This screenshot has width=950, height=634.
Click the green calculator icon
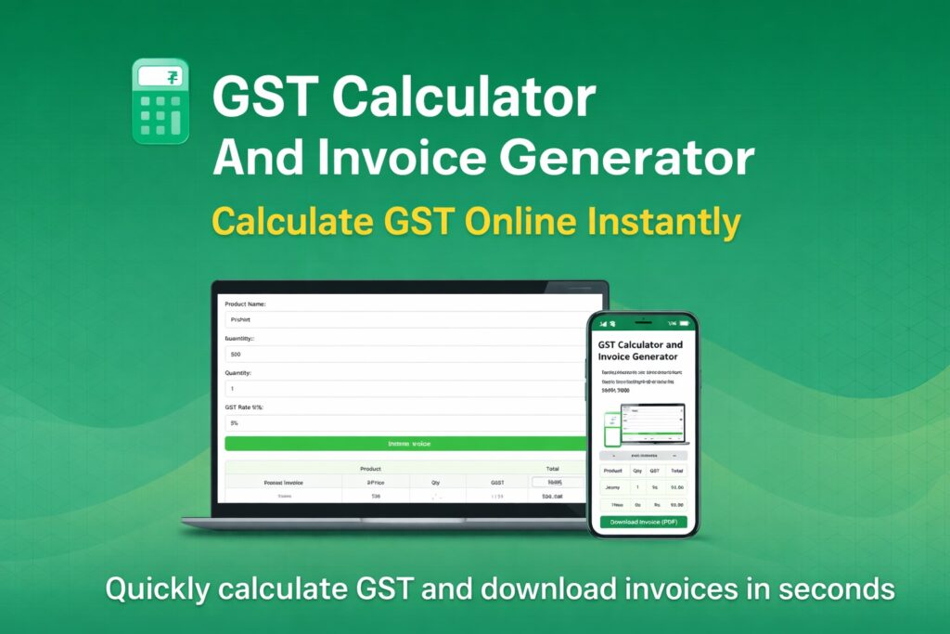point(160,101)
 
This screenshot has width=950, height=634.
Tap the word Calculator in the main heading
point(463,96)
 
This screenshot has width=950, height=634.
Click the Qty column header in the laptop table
point(434,483)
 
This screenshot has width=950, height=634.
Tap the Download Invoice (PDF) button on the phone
point(643,522)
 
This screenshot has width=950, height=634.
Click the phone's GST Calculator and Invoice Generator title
point(640,350)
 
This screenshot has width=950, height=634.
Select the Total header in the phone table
point(677,471)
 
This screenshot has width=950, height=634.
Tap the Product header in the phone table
point(613,471)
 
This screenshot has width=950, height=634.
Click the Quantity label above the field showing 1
point(237,372)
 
